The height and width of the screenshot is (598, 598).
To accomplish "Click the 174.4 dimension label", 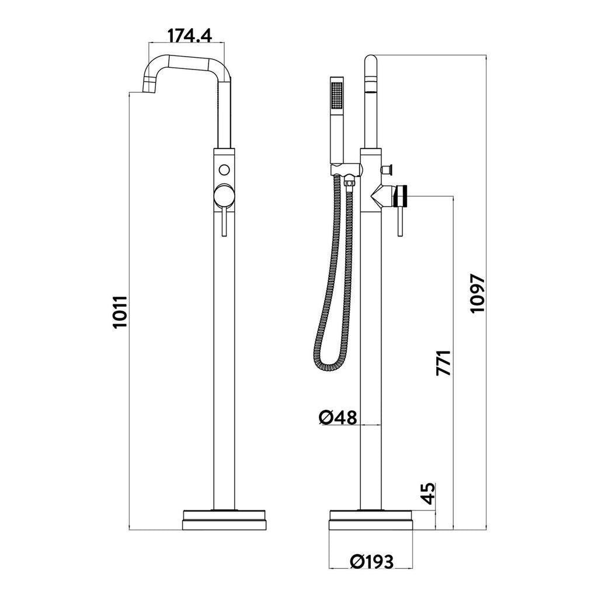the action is tap(190, 35).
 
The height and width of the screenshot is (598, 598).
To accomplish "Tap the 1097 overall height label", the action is tap(477, 293).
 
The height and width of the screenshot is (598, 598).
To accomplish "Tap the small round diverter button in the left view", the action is tap(225, 169).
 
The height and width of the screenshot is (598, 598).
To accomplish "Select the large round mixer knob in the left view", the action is tap(225, 196).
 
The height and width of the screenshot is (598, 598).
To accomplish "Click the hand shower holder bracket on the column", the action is tap(345, 169).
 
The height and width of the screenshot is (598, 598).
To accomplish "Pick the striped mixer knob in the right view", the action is tap(403, 196).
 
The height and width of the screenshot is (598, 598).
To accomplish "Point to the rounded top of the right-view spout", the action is tap(371, 61).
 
